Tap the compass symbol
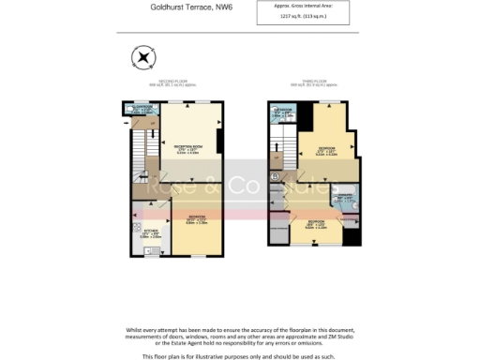coord(142,58)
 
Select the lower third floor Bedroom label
coord(315,223)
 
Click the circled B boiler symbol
coord(276,175)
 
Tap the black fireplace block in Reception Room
coord(219,140)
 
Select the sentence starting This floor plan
coord(240,356)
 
